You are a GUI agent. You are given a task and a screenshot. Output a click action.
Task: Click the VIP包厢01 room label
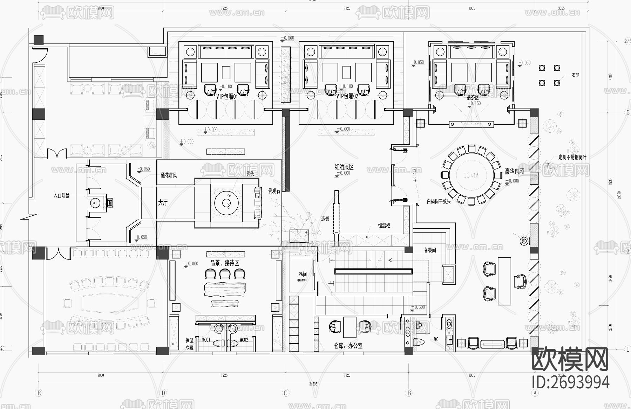[x=227, y=96]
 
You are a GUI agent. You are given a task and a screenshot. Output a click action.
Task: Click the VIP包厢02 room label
[x=347, y=96]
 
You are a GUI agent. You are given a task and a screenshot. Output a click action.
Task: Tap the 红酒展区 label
[x=344, y=167]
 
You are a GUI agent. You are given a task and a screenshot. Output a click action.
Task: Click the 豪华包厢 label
[x=514, y=171]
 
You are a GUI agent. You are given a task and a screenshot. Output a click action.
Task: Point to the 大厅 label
[x=163, y=202]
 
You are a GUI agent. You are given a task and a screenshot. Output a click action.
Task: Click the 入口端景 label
[x=62, y=195]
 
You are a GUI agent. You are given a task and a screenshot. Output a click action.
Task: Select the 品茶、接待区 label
[x=224, y=263]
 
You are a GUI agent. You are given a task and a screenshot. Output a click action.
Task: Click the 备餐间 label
[x=430, y=250]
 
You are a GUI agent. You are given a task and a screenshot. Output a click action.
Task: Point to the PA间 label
[x=302, y=274]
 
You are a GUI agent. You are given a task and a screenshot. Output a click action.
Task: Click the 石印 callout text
[x=575, y=75]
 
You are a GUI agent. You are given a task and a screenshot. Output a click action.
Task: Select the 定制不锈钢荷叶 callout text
[x=572, y=158]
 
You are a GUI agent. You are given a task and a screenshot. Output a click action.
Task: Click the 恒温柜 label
[x=384, y=226]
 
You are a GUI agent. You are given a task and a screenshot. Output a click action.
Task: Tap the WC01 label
[x=206, y=340]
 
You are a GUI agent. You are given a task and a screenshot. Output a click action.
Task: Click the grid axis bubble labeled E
[x=39, y=393]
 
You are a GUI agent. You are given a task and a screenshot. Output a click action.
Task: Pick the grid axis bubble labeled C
[x=285, y=393]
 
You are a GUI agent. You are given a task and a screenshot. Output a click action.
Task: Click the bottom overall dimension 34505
[x=313, y=384]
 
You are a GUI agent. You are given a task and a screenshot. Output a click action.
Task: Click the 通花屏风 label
[x=169, y=175]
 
